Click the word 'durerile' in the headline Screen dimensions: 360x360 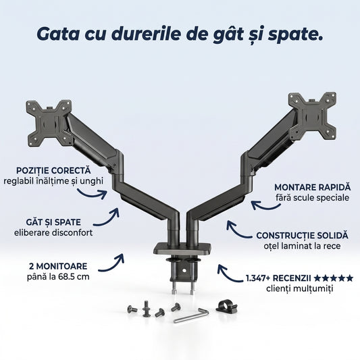click(x=146, y=34)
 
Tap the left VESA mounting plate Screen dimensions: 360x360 click(x=49, y=124)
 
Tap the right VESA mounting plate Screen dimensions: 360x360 click(x=313, y=117)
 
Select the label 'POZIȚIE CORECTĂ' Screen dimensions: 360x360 click(x=53, y=171)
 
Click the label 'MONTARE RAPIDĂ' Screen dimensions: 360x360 click(x=313, y=187)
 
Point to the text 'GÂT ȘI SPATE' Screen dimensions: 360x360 click(x=53, y=222)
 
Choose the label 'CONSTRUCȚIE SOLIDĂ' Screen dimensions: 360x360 click(x=302, y=236)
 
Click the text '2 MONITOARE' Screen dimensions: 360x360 click(x=58, y=266)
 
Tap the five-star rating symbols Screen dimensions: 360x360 click(x=334, y=278)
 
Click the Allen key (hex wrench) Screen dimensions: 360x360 click(x=191, y=315)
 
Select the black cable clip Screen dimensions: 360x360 click(x=226, y=306)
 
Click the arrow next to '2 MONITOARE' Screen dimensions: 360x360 click(x=111, y=264)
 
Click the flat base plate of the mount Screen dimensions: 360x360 click(x=182, y=249)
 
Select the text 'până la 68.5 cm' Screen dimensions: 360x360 click(x=58, y=277)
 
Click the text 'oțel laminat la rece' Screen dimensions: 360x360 click(x=302, y=246)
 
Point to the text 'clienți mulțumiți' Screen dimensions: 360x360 click(x=300, y=288)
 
